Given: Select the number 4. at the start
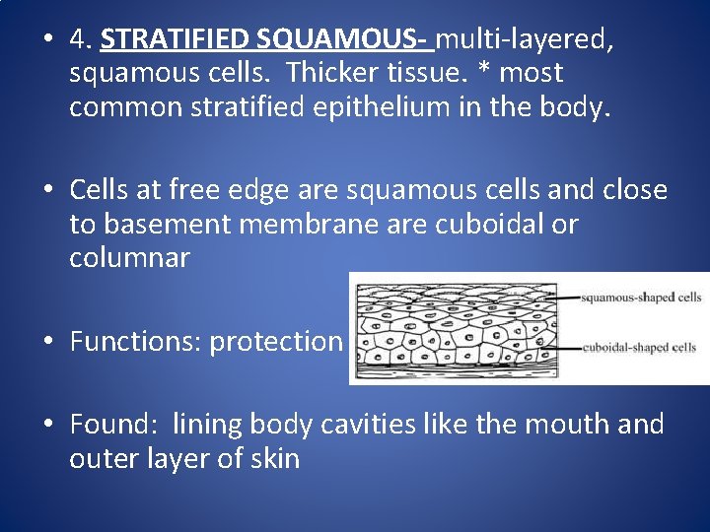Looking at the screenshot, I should [81, 39].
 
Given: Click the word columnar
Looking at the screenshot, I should [129, 257].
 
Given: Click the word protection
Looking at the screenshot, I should [275, 341].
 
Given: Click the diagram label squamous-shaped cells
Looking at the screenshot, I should [641, 297].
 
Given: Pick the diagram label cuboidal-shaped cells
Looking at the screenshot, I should [639, 347].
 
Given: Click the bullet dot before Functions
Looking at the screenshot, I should [47, 342].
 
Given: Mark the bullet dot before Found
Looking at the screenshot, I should [47, 426].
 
